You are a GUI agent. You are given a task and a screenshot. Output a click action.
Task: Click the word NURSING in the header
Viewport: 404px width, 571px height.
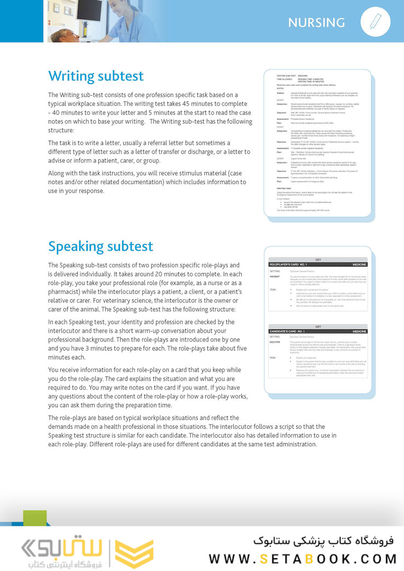tap(316, 23)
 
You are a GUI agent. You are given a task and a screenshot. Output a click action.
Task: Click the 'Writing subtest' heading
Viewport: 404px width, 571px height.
tap(96, 76)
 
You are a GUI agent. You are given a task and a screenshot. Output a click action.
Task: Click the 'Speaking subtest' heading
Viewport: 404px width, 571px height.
tap(100, 246)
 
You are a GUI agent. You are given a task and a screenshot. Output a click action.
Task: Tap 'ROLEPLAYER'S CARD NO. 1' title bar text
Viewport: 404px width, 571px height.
tap(289, 263)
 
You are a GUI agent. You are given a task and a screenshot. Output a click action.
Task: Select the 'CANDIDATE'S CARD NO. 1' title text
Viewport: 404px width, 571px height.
tap(288, 331)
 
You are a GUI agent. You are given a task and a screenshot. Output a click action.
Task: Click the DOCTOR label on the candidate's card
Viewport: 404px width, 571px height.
tap(275, 342)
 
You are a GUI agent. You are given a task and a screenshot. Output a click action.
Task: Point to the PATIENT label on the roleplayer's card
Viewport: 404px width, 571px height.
tap(274, 277)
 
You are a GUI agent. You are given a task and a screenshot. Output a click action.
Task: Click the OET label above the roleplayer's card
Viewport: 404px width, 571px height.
tap(318, 259)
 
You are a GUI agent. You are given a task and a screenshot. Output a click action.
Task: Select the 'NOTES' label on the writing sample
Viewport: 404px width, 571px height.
tap(280, 89)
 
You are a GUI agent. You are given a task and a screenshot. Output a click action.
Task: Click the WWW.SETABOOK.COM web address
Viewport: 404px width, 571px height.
tap(302, 558)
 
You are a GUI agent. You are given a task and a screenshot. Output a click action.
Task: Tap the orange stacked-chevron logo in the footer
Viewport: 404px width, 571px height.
tap(134, 553)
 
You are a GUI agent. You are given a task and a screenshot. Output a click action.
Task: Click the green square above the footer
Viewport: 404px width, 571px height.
tap(35, 518)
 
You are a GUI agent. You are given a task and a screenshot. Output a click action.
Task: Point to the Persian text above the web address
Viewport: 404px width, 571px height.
tap(324, 541)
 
